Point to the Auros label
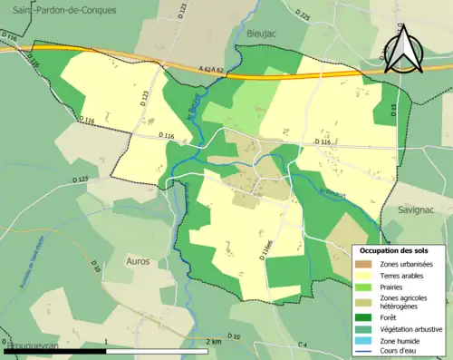pyautogui.click(x=137, y=260)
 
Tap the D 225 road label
pyautogui.click(x=303, y=17)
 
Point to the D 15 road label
pyautogui.click(x=394, y=109)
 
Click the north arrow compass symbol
pyautogui.click(x=404, y=49)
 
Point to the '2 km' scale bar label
pyautogui.click(x=213, y=341)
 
